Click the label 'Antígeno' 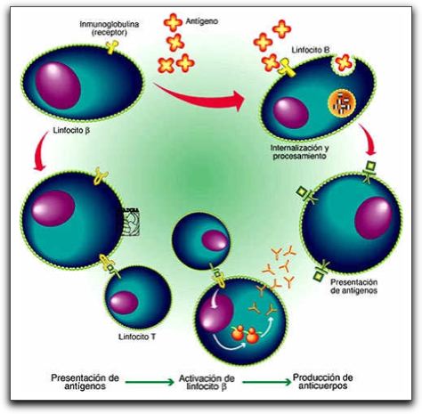point(202,21)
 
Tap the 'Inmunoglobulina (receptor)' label point(110,28)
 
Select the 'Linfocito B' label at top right point(311,50)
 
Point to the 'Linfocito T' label point(137,337)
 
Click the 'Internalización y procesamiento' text point(300,151)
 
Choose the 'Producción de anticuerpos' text point(323,382)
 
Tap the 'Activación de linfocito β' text point(207,383)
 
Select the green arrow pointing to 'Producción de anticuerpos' point(266,382)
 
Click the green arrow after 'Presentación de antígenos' point(150,382)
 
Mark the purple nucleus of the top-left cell point(58,85)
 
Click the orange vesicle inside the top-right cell point(342,103)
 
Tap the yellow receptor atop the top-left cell point(112,47)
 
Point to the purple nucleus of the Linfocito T point(124,303)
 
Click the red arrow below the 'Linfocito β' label point(41,151)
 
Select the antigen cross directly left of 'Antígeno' point(173,22)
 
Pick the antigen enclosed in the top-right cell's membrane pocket point(344,63)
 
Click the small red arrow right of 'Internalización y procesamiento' point(369,140)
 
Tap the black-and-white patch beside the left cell point(129,222)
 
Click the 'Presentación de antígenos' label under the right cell point(353,286)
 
